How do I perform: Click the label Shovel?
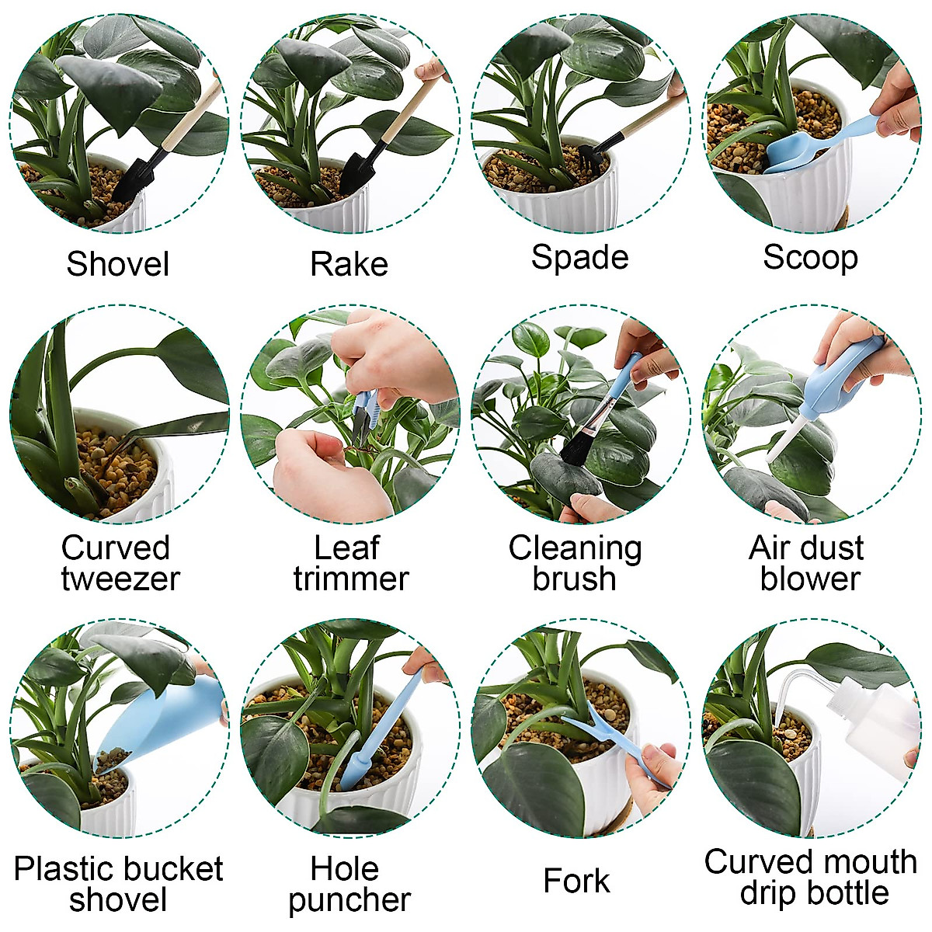click(x=117, y=264)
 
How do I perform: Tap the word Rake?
click(x=349, y=264)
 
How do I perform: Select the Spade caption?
click(x=579, y=257)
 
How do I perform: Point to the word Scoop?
click(x=810, y=257)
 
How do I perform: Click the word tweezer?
click(x=120, y=579)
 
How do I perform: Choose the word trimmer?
click(x=350, y=579)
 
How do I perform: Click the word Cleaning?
click(x=575, y=548)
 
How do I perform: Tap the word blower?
click(x=810, y=579)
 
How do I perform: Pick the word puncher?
click(x=349, y=900)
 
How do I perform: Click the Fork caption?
click(x=576, y=882)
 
